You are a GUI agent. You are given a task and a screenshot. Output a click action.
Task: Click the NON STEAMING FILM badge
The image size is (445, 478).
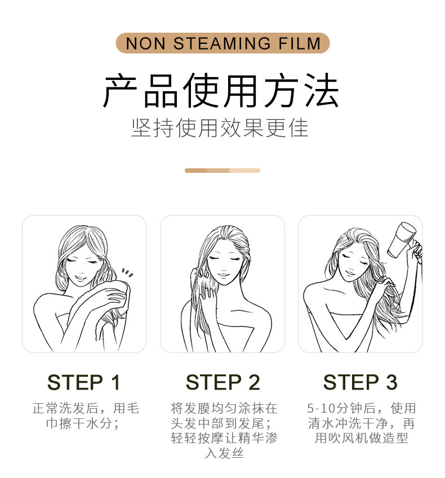coord(222,43)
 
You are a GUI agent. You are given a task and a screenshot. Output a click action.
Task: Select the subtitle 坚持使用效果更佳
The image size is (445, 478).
coord(220,128)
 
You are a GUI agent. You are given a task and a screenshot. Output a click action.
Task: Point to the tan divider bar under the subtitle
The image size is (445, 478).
coord(222,170)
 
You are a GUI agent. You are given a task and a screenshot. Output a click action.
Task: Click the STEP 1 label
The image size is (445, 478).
coord(84,382)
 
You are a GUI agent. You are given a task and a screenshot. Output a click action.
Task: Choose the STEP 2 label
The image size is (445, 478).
coord(222,382)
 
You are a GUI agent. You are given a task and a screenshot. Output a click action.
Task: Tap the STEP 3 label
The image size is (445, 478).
coord(360,382)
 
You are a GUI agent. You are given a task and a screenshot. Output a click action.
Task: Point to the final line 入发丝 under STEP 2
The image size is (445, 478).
coord(224,453)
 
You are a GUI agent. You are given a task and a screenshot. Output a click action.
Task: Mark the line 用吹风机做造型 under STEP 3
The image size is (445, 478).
coord(361,438)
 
